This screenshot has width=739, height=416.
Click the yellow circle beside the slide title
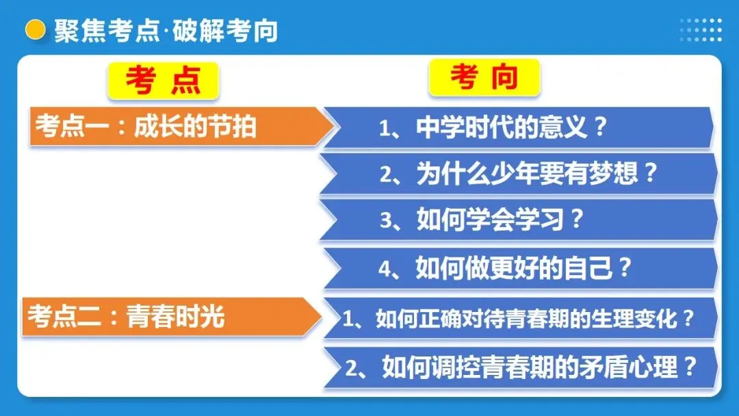click(35, 29)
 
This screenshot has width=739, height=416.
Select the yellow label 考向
click(484, 78)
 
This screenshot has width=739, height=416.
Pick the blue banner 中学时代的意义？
click(517, 128)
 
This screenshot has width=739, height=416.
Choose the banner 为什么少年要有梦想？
click(517, 174)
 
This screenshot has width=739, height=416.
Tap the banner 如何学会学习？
click(517, 221)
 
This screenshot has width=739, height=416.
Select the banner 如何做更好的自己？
click(517, 268)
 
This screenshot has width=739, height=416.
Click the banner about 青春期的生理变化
click(517, 318)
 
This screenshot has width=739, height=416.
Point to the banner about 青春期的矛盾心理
click(517, 368)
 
